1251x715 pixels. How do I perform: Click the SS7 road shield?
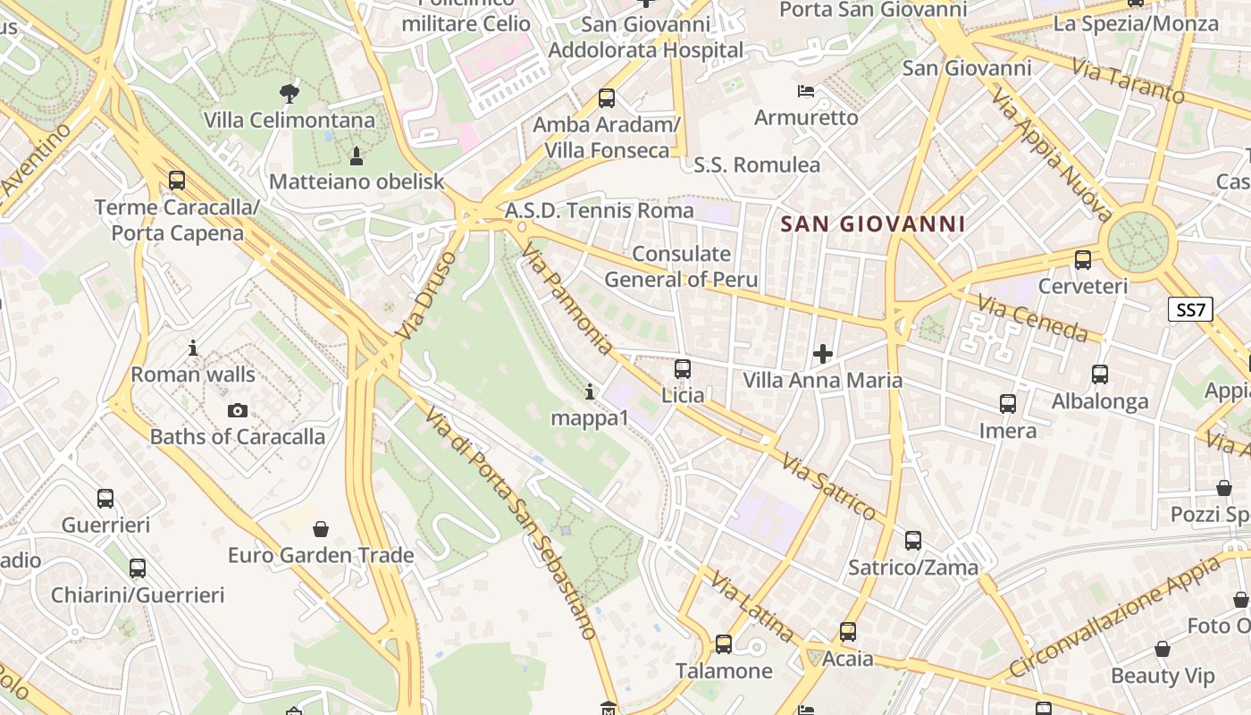pos(1191,310)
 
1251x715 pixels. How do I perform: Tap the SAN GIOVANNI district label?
pos(873,224)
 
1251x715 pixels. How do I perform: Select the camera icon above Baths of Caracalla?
pos(237,411)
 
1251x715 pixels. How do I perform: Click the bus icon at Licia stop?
pos(683,368)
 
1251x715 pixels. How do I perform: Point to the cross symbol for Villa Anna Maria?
pos(823,354)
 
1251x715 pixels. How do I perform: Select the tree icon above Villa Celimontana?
pos(289,92)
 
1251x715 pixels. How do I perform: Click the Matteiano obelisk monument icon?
pos(357,156)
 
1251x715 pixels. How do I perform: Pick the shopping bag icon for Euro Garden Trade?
pos(321,529)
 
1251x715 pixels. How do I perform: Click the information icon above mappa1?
pos(589,391)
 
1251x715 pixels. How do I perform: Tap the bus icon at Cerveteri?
pos(1083,260)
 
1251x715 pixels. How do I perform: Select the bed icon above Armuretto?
pos(806,91)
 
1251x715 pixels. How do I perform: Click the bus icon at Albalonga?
pos(1100,374)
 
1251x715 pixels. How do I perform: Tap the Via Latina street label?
pos(751,607)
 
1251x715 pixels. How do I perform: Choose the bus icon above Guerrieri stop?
pos(105,499)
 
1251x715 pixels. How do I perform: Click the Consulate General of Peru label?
pos(681,266)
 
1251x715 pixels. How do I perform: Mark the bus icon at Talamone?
pos(724,644)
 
